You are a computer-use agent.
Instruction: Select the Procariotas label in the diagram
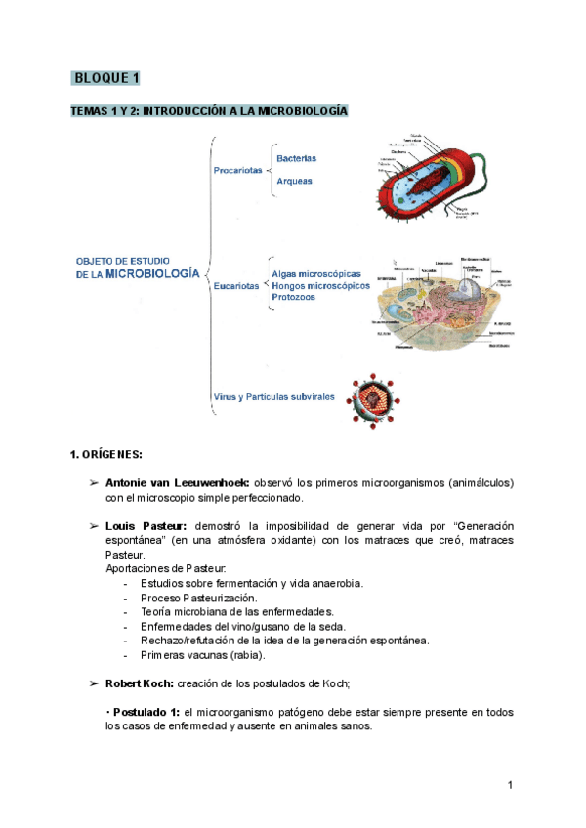[x=237, y=171]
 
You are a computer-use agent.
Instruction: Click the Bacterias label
[x=296, y=158]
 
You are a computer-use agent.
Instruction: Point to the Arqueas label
[x=294, y=181]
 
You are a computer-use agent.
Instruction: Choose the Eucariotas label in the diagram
[x=237, y=286]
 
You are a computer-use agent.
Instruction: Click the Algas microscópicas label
[x=316, y=274]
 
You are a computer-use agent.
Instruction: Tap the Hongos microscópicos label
[x=321, y=285]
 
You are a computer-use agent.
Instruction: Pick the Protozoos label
[x=293, y=297]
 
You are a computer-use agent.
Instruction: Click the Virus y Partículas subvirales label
[x=273, y=397]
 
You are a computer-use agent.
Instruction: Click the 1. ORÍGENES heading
[x=106, y=454]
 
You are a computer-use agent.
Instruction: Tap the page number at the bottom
[x=511, y=786]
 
